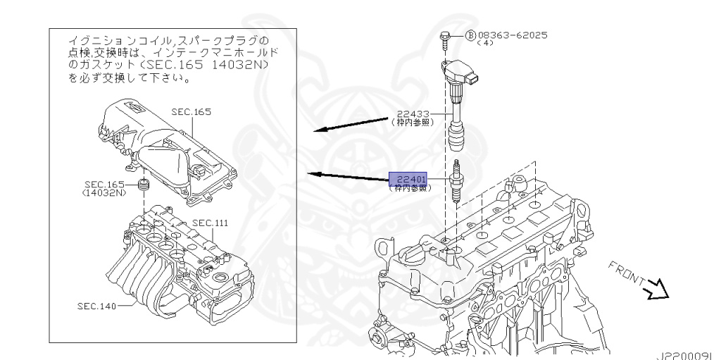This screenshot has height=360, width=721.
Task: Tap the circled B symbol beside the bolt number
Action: [x=470, y=35]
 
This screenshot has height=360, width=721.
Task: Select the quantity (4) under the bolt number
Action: [x=486, y=44]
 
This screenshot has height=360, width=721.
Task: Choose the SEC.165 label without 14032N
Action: [x=191, y=112]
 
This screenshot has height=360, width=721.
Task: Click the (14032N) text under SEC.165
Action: [x=104, y=192]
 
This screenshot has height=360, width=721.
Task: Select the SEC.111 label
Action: [x=211, y=223]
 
